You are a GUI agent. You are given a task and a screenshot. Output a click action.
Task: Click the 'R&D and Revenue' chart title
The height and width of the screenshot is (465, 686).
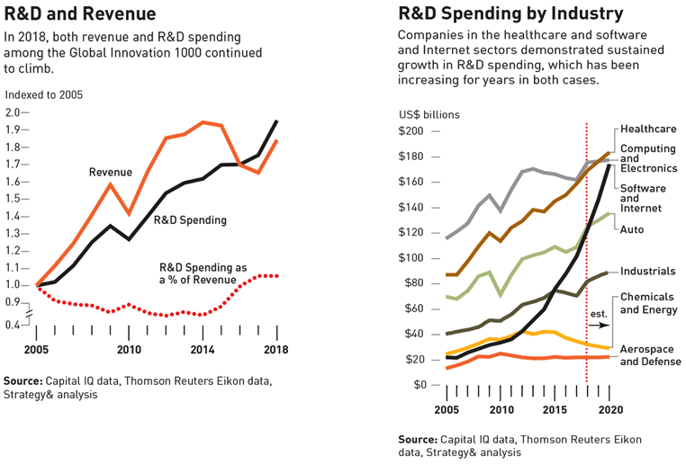pyautogui.click(x=79, y=14)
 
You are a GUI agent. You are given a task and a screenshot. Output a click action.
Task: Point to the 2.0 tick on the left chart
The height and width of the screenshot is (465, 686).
pyautogui.click(x=17, y=113)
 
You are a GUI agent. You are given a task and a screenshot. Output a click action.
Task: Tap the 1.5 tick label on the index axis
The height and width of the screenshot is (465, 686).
pyautogui.click(x=17, y=199)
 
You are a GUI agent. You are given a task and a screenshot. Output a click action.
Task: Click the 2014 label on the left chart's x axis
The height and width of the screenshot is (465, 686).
pyautogui.click(x=203, y=350)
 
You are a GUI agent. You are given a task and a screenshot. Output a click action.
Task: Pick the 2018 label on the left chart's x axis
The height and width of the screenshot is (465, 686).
pyautogui.click(x=276, y=350)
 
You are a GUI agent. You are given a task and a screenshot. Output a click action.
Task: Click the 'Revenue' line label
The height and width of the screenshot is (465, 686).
pyautogui.click(x=110, y=172)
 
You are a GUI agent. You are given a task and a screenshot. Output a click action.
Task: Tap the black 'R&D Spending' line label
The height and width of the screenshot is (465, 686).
pyautogui.click(x=189, y=219)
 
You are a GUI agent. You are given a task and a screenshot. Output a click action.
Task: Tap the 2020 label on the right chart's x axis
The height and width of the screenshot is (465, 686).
pyautogui.click(x=611, y=409)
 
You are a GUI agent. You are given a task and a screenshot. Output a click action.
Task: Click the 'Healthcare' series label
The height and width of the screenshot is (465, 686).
pyautogui.click(x=647, y=130)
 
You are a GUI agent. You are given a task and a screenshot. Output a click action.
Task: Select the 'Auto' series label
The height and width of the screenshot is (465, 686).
pyautogui.click(x=632, y=229)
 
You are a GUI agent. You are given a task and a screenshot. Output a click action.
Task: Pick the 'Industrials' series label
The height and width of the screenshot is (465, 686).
pyautogui.click(x=648, y=271)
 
